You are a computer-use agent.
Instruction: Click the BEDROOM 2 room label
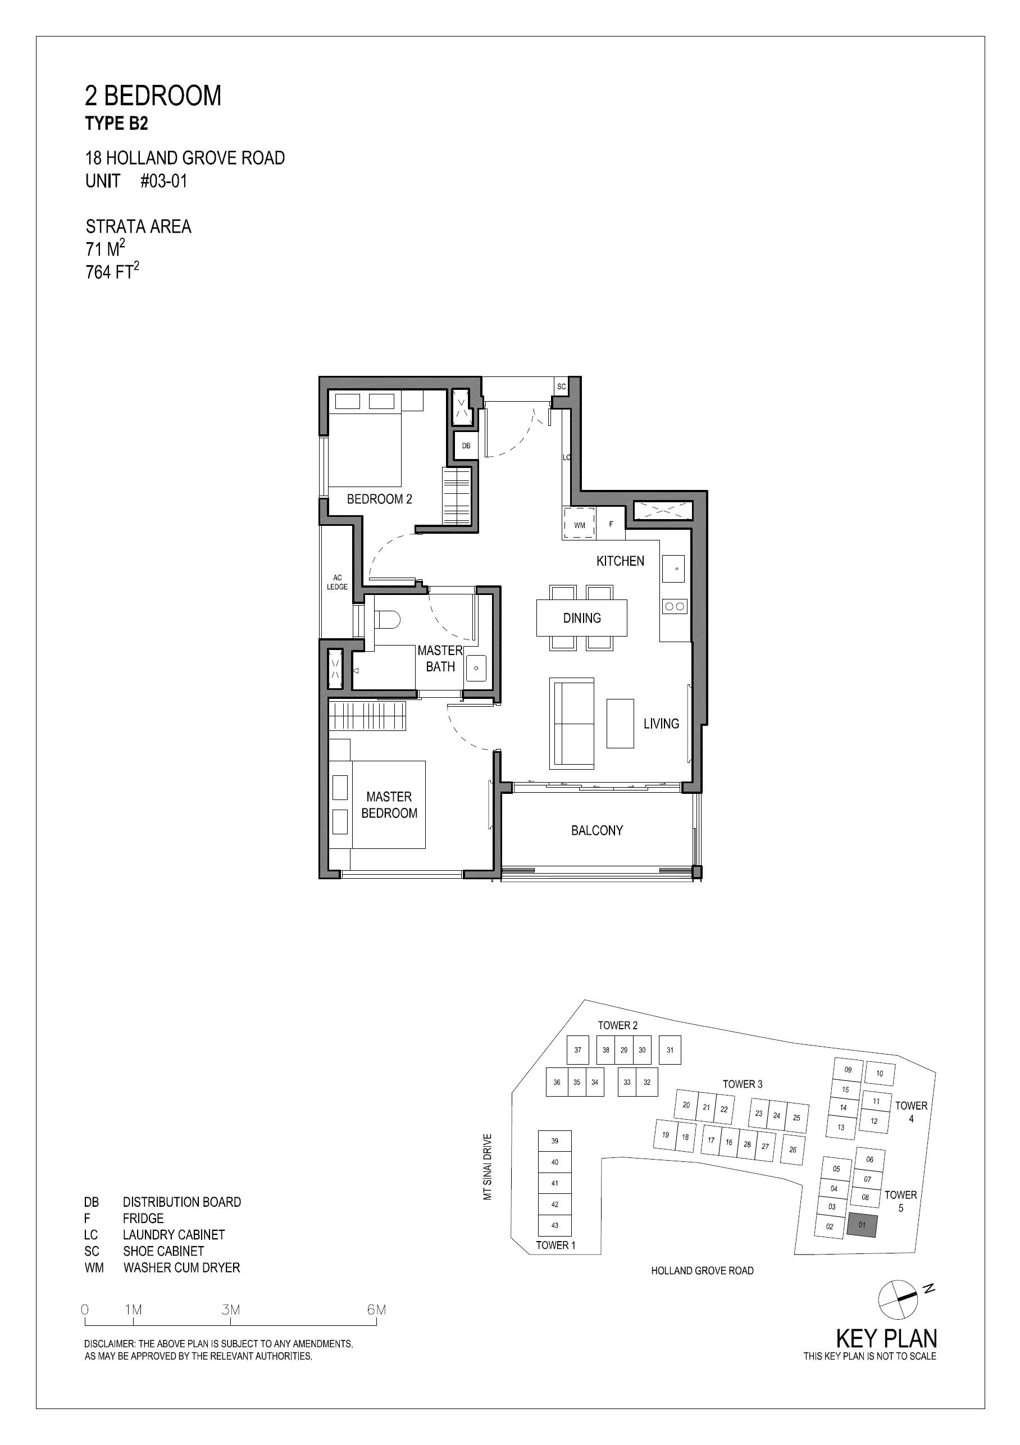(x=380, y=499)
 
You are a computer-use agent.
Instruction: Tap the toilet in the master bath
(x=387, y=619)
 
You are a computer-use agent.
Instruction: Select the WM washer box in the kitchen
(x=580, y=524)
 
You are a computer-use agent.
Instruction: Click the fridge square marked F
(x=611, y=524)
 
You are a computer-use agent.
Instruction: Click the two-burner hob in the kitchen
(x=675, y=606)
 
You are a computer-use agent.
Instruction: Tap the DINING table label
(x=582, y=618)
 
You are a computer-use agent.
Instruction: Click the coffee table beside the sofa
(x=620, y=723)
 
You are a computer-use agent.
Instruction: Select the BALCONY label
(x=597, y=830)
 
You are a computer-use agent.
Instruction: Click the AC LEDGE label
(x=337, y=582)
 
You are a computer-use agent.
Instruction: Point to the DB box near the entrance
(x=466, y=446)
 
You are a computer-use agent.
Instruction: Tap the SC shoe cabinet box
(x=561, y=387)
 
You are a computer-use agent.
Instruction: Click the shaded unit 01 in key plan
(x=862, y=1225)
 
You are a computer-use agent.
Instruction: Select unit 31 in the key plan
(x=670, y=1050)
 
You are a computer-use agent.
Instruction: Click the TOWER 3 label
(x=743, y=1084)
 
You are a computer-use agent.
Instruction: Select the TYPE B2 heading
(x=116, y=124)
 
